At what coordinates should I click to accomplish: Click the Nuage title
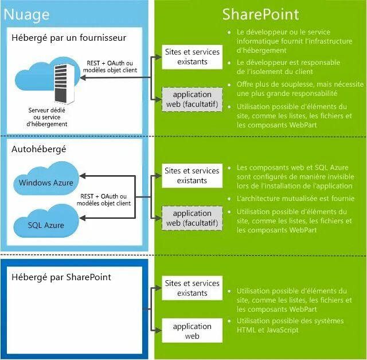(x=26, y=14)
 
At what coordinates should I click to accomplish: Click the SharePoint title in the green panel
(x=260, y=14)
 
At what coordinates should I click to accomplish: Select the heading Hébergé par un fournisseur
(x=69, y=38)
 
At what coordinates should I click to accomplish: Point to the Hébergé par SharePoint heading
(x=61, y=277)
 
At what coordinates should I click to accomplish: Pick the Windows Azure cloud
(x=46, y=182)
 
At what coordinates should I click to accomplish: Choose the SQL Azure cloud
(x=46, y=224)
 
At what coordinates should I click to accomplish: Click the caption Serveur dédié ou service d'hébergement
(x=47, y=117)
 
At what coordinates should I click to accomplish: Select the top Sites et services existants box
(x=192, y=56)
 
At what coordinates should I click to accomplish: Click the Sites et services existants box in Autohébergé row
(x=192, y=175)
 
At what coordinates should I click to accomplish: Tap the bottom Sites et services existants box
(x=192, y=288)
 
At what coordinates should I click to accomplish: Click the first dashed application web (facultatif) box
(x=192, y=99)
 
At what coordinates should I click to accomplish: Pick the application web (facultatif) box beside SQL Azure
(x=192, y=218)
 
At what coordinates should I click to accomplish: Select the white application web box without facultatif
(x=192, y=331)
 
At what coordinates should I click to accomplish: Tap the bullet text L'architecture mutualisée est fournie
(x=295, y=199)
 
